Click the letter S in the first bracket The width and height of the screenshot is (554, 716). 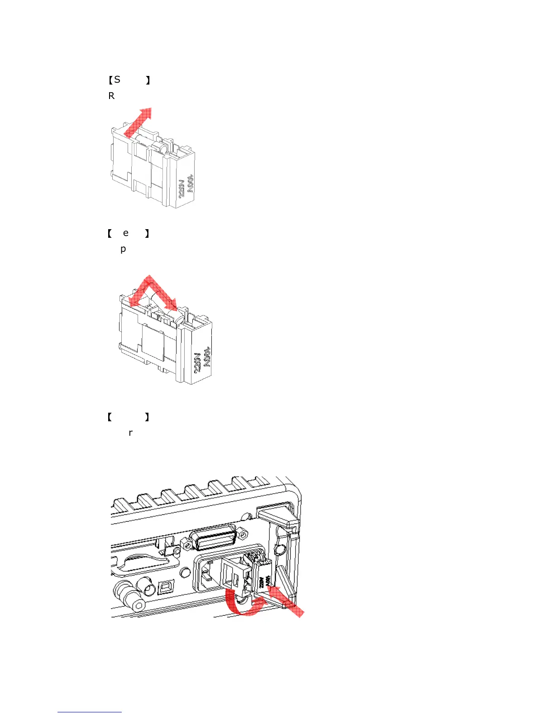(117, 80)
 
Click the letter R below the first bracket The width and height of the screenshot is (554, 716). (111, 96)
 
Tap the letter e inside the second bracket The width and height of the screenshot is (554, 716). (126, 233)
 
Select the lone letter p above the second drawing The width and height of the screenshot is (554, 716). (123, 249)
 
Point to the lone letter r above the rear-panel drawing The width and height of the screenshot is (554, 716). (131, 433)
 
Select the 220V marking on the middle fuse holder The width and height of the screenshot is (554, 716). (197, 363)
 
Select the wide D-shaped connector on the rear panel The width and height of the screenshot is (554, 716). (213, 540)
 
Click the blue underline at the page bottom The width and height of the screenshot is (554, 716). (90, 712)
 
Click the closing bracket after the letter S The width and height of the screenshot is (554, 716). (148, 80)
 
